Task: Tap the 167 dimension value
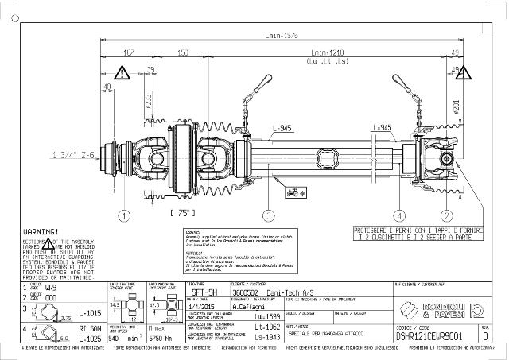pos(129,52)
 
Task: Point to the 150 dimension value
pos(182,52)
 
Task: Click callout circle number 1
pos(124,215)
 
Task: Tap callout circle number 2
pos(447,215)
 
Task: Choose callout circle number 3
pos(270,215)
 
